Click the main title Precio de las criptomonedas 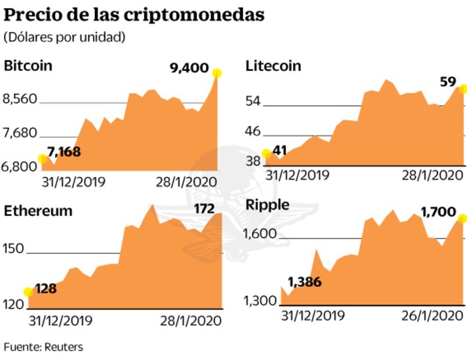[x=134, y=14]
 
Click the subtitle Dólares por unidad [x=64, y=37]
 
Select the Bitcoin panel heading [x=28, y=65]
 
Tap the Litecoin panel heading [x=274, y=65]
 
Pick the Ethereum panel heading [x=38, y=211]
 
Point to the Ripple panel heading [x=268, y=204]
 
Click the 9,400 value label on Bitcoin [x=189, y=69]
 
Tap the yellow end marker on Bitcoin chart [x=217, y=73]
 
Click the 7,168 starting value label [x=64, y=153]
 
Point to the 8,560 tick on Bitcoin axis [x=20, y=100]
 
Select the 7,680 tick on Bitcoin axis [x=20, y=134]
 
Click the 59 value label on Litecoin [x=448, y=82]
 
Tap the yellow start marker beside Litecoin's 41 [x=267, y=154]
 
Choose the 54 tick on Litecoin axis [x=253, y=102]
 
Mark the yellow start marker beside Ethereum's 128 [x=28, y=292]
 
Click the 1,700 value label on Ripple [x=439, y=213]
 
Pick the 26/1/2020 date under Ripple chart [x=432, y=315]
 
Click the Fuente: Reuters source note [x=44, y=347]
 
